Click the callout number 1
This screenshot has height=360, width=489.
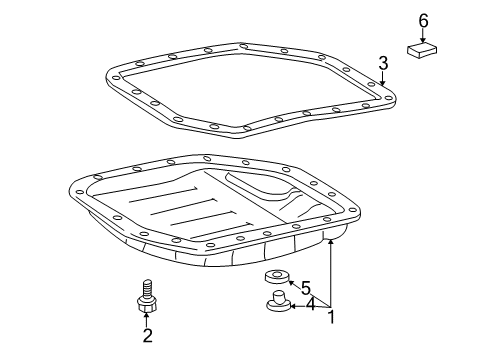pos(332,318)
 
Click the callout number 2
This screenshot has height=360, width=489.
pos(146,335)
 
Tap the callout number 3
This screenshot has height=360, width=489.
pos(383,64)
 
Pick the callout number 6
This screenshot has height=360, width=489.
pos(423,20)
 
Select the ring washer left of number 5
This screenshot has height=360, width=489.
pos(273,277)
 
